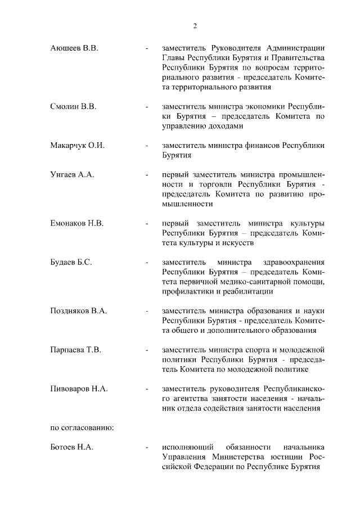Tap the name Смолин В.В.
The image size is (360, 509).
pyautogui.click(x=74, y=106)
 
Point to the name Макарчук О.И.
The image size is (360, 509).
pyautogui.click(x=78, y=145)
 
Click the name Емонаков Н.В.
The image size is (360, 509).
pyautogui.click(x=77, y=223)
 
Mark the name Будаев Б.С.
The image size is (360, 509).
pyautogui.click(x=71, y=262)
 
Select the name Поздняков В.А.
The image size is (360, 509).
pyautogui.click(x=79, y=310)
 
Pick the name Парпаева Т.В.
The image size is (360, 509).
pyautogui.click(x=76, y=350)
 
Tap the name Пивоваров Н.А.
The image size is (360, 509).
pyautogui.click(x=79, y=389)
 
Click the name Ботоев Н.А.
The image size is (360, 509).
pyautogui.click(x=72, y=447)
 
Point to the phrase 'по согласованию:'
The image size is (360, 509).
pyautogui.click(x=82, y=427)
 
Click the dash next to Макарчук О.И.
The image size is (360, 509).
pyautogui.click(x=146, y=145)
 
